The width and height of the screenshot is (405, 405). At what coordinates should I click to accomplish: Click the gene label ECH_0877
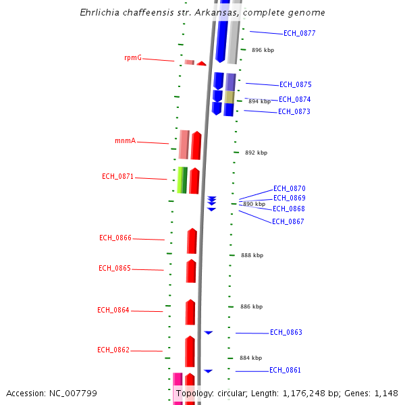pos(299,33)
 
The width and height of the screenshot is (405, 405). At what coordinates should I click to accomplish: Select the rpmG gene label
pos(133,58)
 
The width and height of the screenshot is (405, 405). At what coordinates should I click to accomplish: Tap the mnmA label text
pos(125,141)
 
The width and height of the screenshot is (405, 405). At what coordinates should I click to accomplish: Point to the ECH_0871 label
pos(117,177)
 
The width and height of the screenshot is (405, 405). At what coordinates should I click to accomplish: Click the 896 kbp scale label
pos(263,51)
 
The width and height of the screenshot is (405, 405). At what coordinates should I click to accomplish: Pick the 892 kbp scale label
pos(256,153)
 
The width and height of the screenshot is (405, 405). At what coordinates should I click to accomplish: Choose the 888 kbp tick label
pos(252,256)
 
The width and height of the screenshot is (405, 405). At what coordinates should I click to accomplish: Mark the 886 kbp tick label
pos(251,307)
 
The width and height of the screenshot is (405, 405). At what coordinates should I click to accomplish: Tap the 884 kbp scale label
pos(250,358)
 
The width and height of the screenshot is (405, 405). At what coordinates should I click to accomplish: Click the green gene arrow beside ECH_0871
pos(182,180)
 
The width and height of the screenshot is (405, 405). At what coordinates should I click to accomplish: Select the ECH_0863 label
pos(286,333)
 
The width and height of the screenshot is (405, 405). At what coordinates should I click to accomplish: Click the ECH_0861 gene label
pos(285,371)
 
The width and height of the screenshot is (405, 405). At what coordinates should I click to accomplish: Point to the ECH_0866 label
pos(115,238)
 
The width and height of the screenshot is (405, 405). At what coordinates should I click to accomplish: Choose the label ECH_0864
pos(113,310)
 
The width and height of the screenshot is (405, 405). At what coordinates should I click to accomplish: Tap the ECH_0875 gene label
pos(296,85)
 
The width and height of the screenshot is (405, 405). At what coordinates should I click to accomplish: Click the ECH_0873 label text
pos(294,112)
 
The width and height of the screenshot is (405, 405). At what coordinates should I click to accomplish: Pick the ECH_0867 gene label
pos(288,221)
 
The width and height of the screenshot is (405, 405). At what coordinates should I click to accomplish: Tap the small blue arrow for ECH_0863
pos(209,333)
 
